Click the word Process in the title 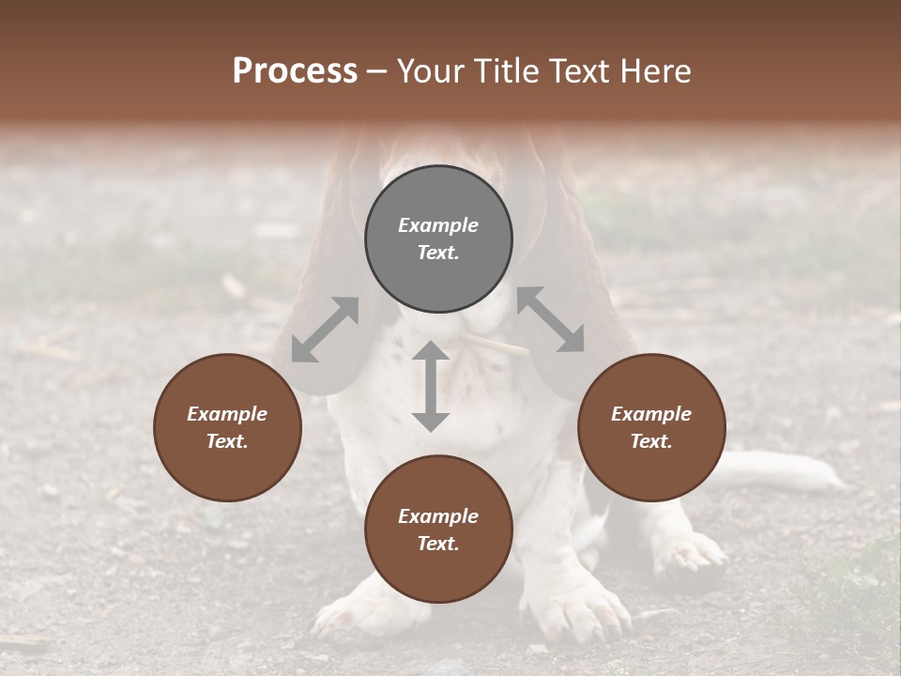coord(295,71)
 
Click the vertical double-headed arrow coord(431,386)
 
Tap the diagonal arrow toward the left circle coord(325,329)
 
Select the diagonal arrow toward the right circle coord(551,319)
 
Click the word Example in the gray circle coord(438,225)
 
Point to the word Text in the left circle coord(227,441)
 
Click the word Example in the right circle coord(651,414)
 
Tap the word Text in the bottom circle coord(438,544)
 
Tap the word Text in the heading coord(580,71)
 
